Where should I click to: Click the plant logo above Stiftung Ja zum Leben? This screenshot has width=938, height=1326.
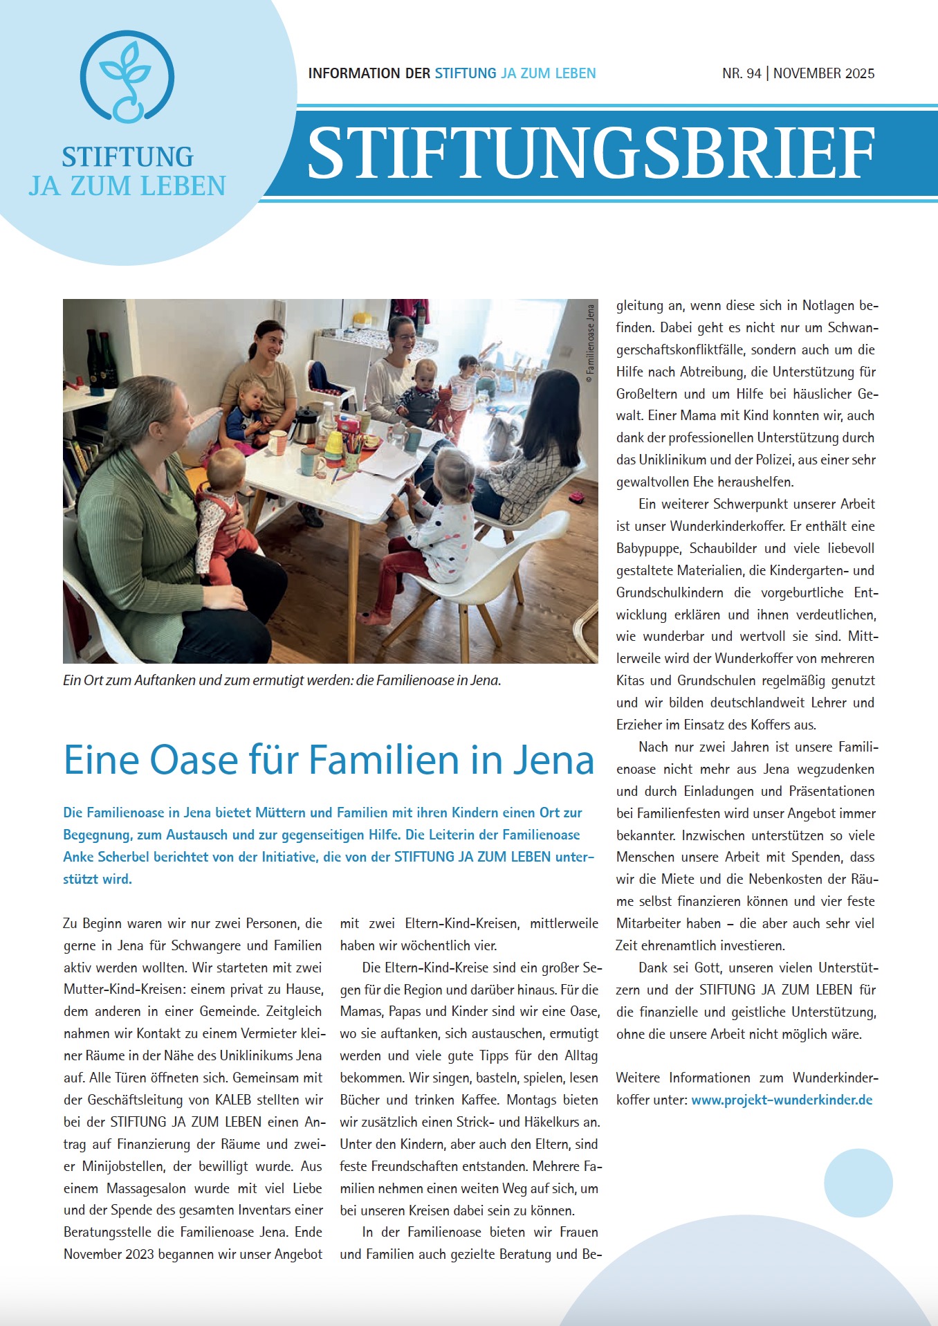127,78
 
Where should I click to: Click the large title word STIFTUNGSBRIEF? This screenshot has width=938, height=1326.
591,154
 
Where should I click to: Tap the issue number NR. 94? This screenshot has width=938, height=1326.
742,73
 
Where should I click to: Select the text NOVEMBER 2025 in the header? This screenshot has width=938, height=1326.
824,73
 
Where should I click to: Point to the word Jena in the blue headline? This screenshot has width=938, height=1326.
553,760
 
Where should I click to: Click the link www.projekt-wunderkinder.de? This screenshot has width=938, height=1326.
782,1100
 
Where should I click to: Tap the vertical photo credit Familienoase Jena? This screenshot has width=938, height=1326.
590,339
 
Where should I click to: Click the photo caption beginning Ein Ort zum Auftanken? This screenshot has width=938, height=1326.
282,680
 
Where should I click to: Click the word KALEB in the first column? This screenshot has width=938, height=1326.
232,1100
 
